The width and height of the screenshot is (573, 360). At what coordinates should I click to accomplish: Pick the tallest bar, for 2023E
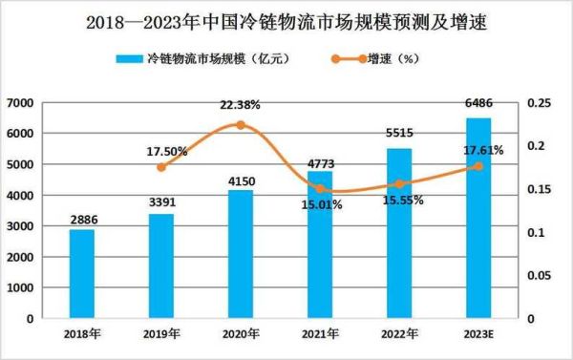click(477, 219)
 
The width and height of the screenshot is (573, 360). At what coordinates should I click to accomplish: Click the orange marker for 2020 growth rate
click(241, 125)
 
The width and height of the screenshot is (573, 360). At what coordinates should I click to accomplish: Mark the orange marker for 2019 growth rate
click(161, 167)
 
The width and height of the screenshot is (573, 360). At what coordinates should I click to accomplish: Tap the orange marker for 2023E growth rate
click(477, 166)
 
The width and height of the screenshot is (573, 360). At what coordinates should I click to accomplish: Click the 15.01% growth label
click(320, 204)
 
